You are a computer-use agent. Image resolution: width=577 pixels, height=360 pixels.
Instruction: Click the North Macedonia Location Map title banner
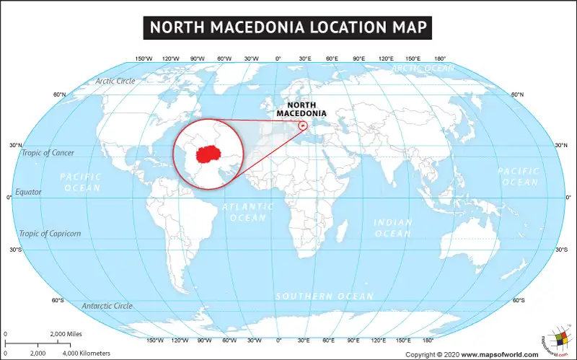288,27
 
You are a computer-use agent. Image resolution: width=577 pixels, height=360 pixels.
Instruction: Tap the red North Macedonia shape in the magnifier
209,154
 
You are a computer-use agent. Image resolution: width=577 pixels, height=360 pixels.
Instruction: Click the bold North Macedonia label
301,109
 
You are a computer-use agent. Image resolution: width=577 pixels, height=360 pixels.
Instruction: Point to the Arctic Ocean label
423,68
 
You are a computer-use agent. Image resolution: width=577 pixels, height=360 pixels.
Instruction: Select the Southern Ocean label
325,297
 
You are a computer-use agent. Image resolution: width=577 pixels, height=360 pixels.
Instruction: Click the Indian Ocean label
392,228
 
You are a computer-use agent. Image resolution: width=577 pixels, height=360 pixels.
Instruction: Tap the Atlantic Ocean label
248,212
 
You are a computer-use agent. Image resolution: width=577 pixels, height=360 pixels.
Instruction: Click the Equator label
28,193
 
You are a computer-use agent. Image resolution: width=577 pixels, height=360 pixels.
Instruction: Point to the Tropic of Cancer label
48,153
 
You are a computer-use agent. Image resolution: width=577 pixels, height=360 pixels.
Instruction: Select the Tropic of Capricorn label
50,234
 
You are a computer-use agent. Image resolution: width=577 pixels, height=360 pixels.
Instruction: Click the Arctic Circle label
115,82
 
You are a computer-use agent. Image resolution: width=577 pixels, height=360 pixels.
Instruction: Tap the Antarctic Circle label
107,306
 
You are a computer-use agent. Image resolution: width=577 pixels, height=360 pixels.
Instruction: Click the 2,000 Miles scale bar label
67,334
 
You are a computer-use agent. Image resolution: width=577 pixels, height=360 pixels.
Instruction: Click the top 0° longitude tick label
278,58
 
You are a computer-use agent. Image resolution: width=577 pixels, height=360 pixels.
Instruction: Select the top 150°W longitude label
144,58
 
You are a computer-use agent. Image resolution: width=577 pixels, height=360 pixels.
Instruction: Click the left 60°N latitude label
60,95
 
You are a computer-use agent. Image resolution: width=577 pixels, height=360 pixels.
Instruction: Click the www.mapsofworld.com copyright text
499,354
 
